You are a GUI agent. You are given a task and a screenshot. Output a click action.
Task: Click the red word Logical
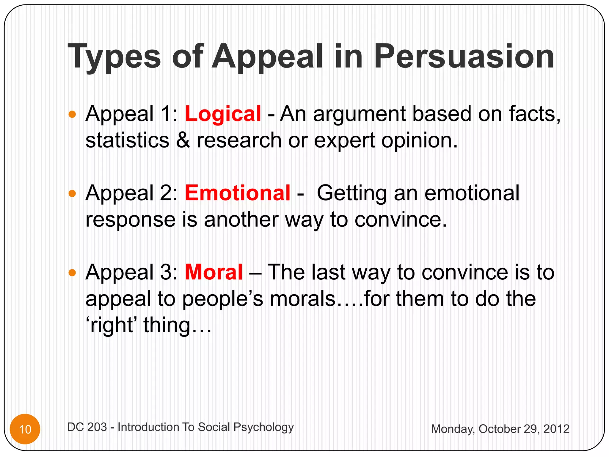[223, 114]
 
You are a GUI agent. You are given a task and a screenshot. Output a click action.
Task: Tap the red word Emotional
[237, 193]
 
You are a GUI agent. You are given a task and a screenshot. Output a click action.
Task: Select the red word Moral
[214, 272]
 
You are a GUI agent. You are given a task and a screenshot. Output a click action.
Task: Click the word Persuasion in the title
[464, 57]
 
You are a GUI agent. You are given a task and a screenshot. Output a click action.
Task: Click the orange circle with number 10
[25, 429]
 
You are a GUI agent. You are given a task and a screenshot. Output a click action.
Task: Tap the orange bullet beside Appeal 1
[72, 114]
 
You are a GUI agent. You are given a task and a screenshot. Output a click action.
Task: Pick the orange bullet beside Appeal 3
[72, 273]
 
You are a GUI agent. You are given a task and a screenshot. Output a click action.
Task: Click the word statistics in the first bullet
[127, 140]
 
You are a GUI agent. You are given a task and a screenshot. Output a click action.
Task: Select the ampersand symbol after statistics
[183, 140]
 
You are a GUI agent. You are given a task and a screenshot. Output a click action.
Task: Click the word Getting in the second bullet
[352, 194]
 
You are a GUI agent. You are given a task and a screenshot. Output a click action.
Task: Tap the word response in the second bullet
[130, 220]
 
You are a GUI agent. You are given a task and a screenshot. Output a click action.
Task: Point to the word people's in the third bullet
[222, 299]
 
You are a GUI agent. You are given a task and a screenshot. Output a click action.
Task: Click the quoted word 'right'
[110, 325]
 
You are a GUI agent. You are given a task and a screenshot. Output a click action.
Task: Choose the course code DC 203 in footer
[87, 427]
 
